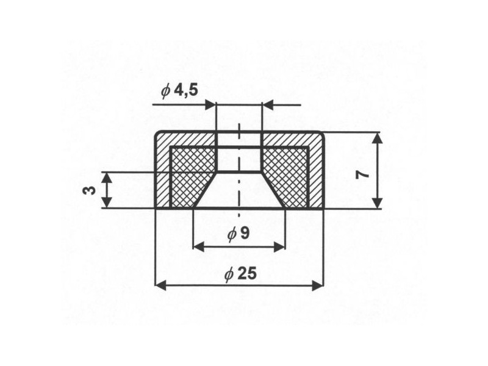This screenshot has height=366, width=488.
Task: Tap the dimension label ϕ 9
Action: point(239,233)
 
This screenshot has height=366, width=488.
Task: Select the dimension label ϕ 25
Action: point(240,274)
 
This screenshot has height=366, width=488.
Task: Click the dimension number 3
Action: point(89,190)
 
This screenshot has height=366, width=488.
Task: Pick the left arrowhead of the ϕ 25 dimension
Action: point(160,285)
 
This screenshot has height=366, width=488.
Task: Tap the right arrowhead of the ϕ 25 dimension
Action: point(318,285)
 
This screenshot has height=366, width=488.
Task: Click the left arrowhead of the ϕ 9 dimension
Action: point(199,247)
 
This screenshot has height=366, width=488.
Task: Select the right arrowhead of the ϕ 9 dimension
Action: point(279,247)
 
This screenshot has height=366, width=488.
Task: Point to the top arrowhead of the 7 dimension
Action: point(378,139)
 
